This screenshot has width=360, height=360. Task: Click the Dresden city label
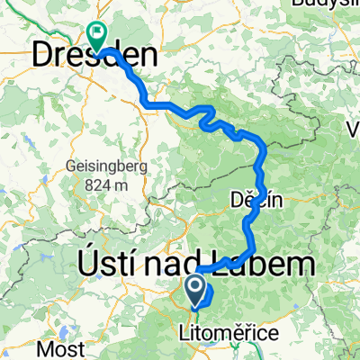(94, 56)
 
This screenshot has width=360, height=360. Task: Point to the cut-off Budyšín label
(328, 4)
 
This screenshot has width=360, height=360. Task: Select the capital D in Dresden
(47, 56)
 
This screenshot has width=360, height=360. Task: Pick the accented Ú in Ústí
(84, 265)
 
